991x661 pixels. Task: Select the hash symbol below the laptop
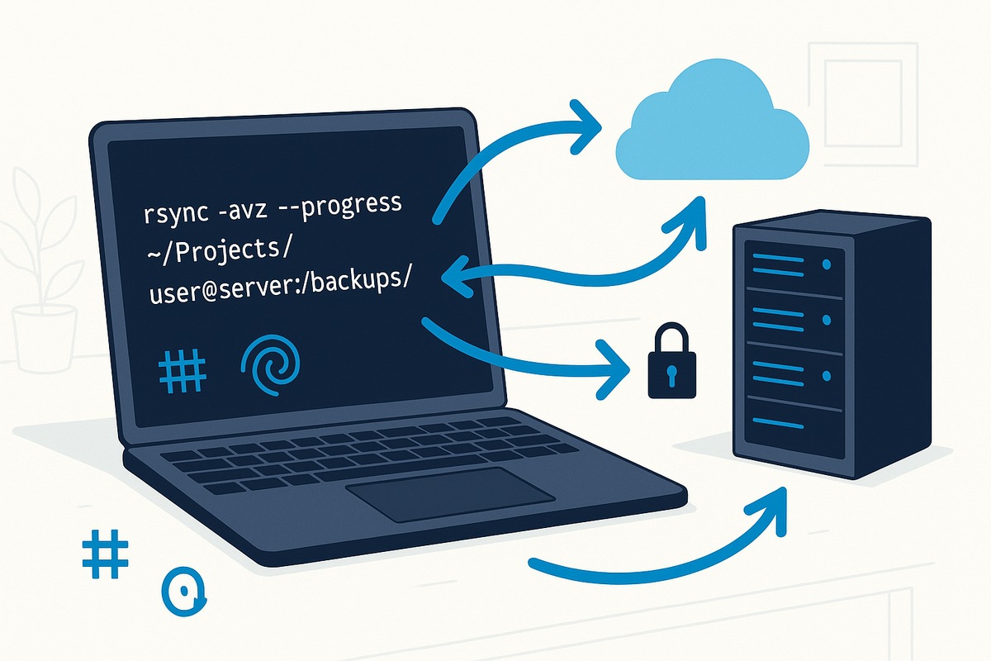click(107, 554)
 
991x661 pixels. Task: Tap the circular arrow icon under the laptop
click(183, 592)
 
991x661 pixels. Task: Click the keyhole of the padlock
click(670, 376)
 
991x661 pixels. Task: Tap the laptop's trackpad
click(450, 494)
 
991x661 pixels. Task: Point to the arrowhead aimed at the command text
click(451, 280)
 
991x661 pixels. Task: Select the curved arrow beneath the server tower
click(661, 549)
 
